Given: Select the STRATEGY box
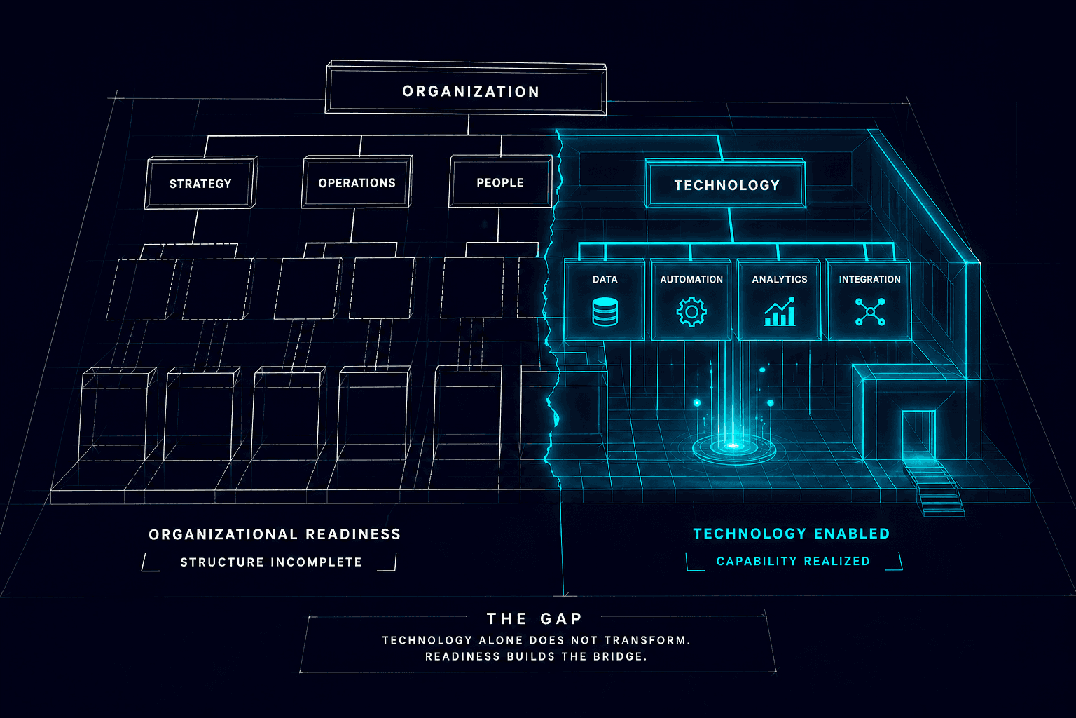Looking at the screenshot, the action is click(x=200, y=184).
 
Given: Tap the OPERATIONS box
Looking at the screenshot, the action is click(x=357, y=183).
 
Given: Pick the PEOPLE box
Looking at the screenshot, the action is click(x=500, y=182).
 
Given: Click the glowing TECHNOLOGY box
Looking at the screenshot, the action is click(x=726, y=185).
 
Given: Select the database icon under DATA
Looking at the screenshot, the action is click(x=605, y=312).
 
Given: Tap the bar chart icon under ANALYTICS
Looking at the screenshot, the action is click(x=779, y=312).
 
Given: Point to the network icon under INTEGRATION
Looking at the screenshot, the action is click(x=870, y=312).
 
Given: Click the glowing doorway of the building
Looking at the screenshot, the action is click(x=918, y=436).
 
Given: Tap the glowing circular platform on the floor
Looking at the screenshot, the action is click(x=733, y=446).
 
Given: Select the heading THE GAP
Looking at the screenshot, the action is click(x=534, y=618).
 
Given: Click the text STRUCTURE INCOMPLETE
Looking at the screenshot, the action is click(x=271, y=562).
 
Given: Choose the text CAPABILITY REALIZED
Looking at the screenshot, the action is click(x=793, y=561).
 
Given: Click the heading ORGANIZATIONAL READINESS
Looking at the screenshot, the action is click(x=275, y=534).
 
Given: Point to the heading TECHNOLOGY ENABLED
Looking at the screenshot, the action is click(x=792, y=534).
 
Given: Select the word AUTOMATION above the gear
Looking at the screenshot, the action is click(x=691, y=279).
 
